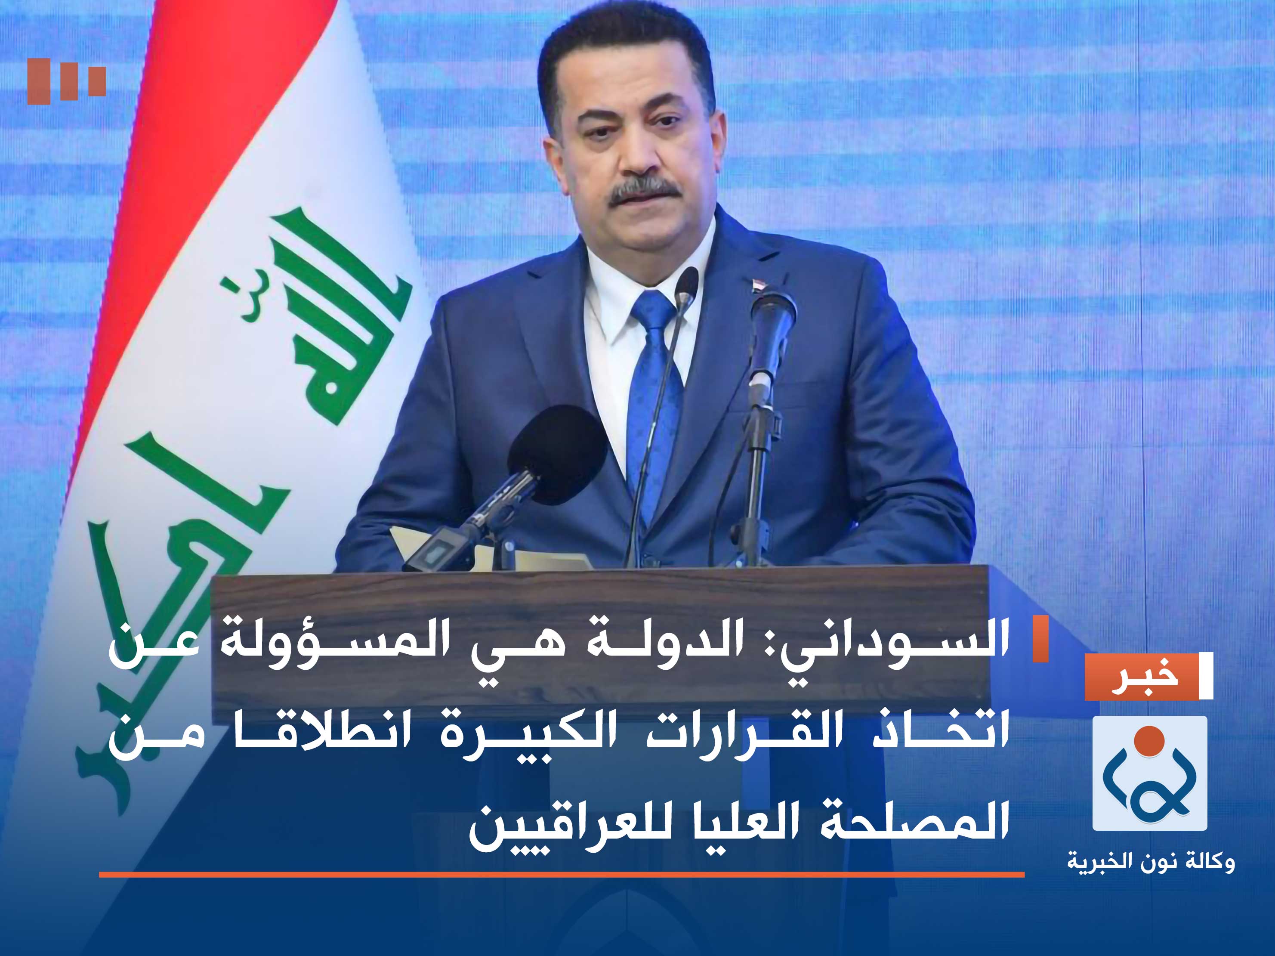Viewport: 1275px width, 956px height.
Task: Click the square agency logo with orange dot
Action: pyautogui.click(x=1149, y=773)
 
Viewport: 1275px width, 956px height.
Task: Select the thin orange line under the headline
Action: pyautogui.click(x=562, y=875)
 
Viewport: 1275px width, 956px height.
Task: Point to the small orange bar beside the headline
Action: pyautogui.click(x=1040, y=639)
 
